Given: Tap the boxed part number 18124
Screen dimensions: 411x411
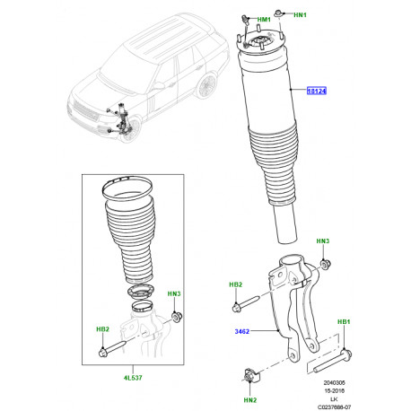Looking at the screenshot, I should (318, 90).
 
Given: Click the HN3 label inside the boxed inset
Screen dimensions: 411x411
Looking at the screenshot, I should (175, 294).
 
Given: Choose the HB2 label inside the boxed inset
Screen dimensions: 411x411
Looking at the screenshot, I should (104, 330).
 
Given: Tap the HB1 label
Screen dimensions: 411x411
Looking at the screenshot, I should (344, 321).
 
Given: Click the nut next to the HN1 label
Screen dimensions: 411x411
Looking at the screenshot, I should (281, 13).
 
